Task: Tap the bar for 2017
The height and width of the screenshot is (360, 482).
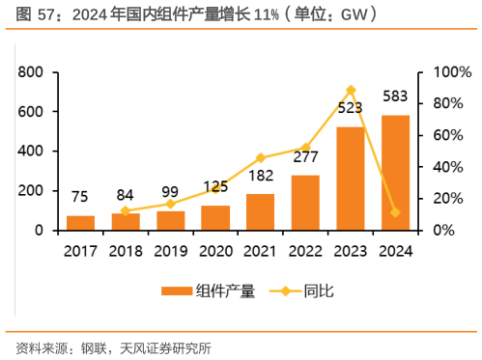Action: click(81, 223)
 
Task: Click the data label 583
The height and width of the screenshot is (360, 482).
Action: click(395, 97)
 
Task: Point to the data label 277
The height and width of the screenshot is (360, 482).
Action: click(305, 157)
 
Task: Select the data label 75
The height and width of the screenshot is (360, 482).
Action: click(81, 198)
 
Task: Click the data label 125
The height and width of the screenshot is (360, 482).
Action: click(215, 186)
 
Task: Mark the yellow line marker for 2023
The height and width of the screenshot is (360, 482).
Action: click(351, 90)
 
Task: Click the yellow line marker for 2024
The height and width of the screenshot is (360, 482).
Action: click(395, 212)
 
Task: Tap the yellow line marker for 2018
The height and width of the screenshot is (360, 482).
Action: click(126, 210)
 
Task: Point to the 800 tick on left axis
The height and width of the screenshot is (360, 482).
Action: click(30, 72)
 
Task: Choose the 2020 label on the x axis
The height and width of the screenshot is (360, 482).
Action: click(215, 252)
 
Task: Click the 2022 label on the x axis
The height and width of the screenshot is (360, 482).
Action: click(305, 252)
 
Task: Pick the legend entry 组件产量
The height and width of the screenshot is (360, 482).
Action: click(208, 291)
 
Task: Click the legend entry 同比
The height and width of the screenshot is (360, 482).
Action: click(300, 291)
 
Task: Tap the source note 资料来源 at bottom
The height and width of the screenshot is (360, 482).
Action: click(39, 346)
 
